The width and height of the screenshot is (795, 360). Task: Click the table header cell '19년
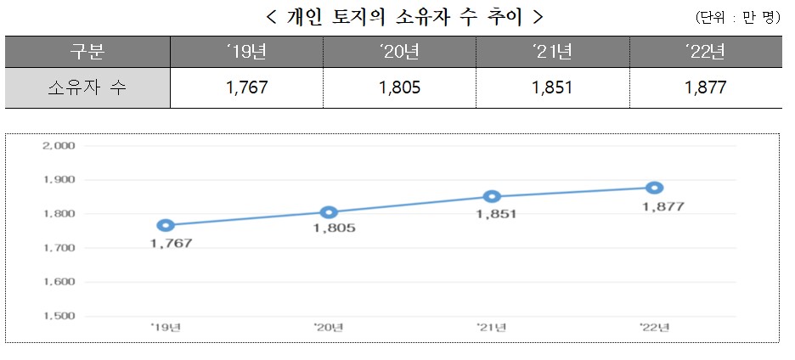tap(247, 52)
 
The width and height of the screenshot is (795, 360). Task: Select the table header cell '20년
tap(399, 52)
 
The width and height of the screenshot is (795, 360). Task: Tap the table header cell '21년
tap(552, 52)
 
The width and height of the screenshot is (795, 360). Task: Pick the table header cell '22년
tap(705, 52)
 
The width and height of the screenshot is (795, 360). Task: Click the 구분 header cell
tap(87, 52)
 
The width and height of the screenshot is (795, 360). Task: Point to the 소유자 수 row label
tap(87, 87)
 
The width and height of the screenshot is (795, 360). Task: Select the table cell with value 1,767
tap(247, 87)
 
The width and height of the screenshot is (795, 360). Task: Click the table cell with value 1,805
tap(399, 87)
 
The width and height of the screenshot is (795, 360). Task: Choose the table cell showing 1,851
tap(552, 87)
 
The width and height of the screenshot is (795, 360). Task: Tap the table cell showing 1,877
tap(705, 87)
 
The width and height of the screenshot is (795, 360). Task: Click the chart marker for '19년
tap(166, 225)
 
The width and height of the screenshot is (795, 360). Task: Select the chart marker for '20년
tap(329, 212)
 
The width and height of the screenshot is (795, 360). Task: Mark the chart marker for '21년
tap(492, 196)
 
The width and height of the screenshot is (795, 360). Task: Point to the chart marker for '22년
tap(654, 188)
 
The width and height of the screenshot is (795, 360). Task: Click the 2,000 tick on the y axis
tap(59, 145)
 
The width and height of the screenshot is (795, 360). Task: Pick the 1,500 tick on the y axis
tap(59, 316)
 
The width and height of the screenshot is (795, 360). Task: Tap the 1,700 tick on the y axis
tap(59, 248)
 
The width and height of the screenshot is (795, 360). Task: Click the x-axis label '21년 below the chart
tap(492, 327)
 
